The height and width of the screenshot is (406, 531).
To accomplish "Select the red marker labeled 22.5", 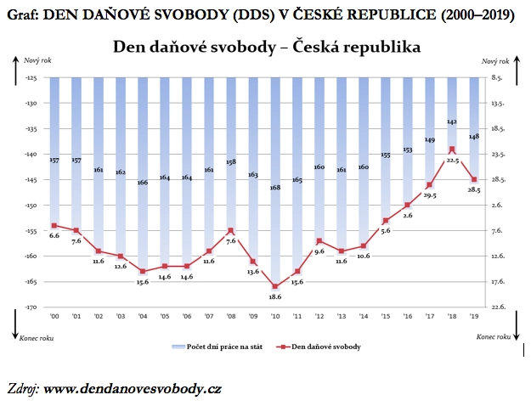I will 452,149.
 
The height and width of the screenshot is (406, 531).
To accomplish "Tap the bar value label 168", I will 275,188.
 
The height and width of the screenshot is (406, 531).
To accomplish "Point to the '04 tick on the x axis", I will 143,316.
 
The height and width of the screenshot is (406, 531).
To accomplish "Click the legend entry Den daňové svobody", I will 322,347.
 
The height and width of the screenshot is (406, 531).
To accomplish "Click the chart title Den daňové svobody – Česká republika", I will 266,46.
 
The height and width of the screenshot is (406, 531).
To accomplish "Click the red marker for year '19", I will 474,180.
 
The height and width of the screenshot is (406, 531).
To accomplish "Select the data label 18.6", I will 275,297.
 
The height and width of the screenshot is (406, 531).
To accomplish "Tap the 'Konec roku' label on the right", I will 497,336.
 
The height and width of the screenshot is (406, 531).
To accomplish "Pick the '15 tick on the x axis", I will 386,316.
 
